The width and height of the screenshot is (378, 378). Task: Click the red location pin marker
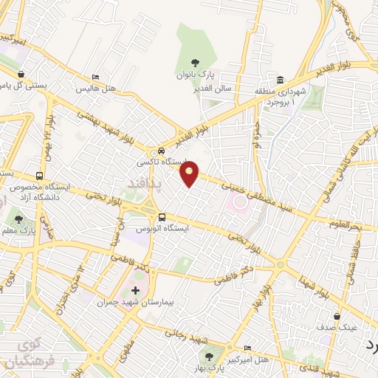(190, 175)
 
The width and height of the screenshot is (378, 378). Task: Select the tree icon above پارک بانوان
(195, 63)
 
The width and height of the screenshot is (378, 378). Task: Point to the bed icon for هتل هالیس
(94, 78)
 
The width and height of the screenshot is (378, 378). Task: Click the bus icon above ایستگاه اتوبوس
(162, 216)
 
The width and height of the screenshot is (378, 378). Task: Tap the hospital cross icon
(135, 289)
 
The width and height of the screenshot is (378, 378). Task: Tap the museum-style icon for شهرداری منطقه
(280, 80)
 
